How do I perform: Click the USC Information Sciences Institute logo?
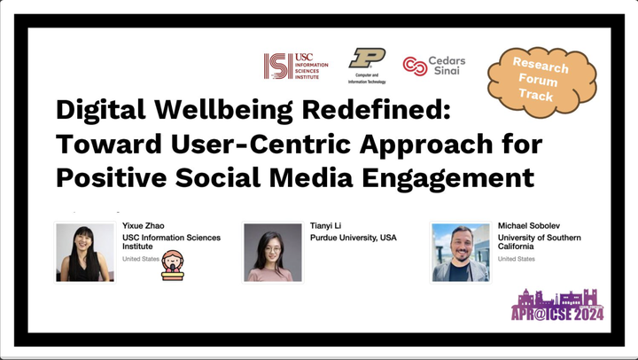pos(296,66)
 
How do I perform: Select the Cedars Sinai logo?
pos(434,66)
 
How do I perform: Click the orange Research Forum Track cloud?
pos(542,82)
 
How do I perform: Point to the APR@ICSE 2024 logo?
pos(557,305)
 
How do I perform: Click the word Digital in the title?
pos(100,110)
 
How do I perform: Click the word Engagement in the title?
pos(448,178)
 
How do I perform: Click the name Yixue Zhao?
pos(144,225)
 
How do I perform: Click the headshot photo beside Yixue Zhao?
pos(85,253)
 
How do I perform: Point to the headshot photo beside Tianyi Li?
pos(273,253)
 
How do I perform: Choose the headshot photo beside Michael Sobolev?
pos(461,253)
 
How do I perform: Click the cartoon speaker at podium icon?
pos(173,265)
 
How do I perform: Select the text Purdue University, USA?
pos(354,238)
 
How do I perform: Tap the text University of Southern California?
pos(539,242)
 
